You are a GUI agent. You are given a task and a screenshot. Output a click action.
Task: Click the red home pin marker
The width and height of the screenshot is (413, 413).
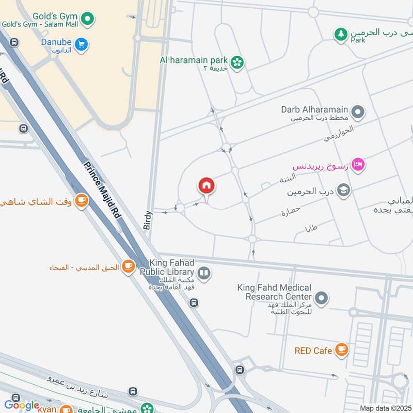(x=206, y=185)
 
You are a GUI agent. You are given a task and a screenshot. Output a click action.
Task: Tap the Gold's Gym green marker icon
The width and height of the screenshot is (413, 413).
(x=89, y=19)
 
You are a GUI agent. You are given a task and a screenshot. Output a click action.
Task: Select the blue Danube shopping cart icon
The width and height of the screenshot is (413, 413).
(x=81, y=45)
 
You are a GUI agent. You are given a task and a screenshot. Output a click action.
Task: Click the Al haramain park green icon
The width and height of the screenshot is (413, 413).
(x=237, y=62)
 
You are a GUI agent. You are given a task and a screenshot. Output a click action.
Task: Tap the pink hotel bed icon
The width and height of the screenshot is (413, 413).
(x=360, y=165)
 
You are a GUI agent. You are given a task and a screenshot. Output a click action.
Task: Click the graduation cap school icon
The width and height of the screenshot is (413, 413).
(x=343, y=192)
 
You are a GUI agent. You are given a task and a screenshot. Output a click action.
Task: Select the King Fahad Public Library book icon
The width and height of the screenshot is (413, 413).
(x=204, y=273)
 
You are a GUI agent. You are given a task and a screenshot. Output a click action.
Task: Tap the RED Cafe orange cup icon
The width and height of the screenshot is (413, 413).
(x=341, y=350)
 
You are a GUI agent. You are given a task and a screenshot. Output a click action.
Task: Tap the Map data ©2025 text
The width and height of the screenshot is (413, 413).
(x=385, y=408)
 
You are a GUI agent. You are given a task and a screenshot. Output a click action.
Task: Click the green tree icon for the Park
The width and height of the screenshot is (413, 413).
(x=340, y=35)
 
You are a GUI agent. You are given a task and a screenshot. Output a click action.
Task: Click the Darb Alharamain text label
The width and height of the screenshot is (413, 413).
(x=315, y=109)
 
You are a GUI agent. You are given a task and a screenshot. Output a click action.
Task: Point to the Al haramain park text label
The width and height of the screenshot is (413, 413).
(x=193, y=59)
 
